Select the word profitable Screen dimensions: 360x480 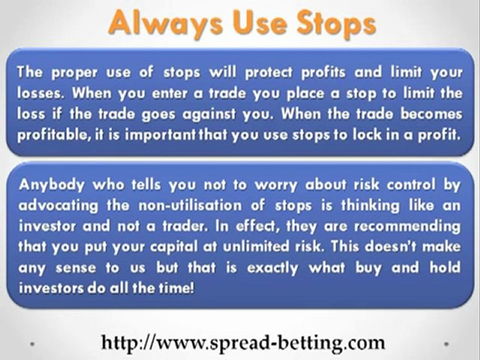click(48, 136)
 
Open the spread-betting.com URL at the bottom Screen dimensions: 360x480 click(243, 343)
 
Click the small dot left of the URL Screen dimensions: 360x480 click(33, 344)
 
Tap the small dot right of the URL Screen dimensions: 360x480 click(446, 344)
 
